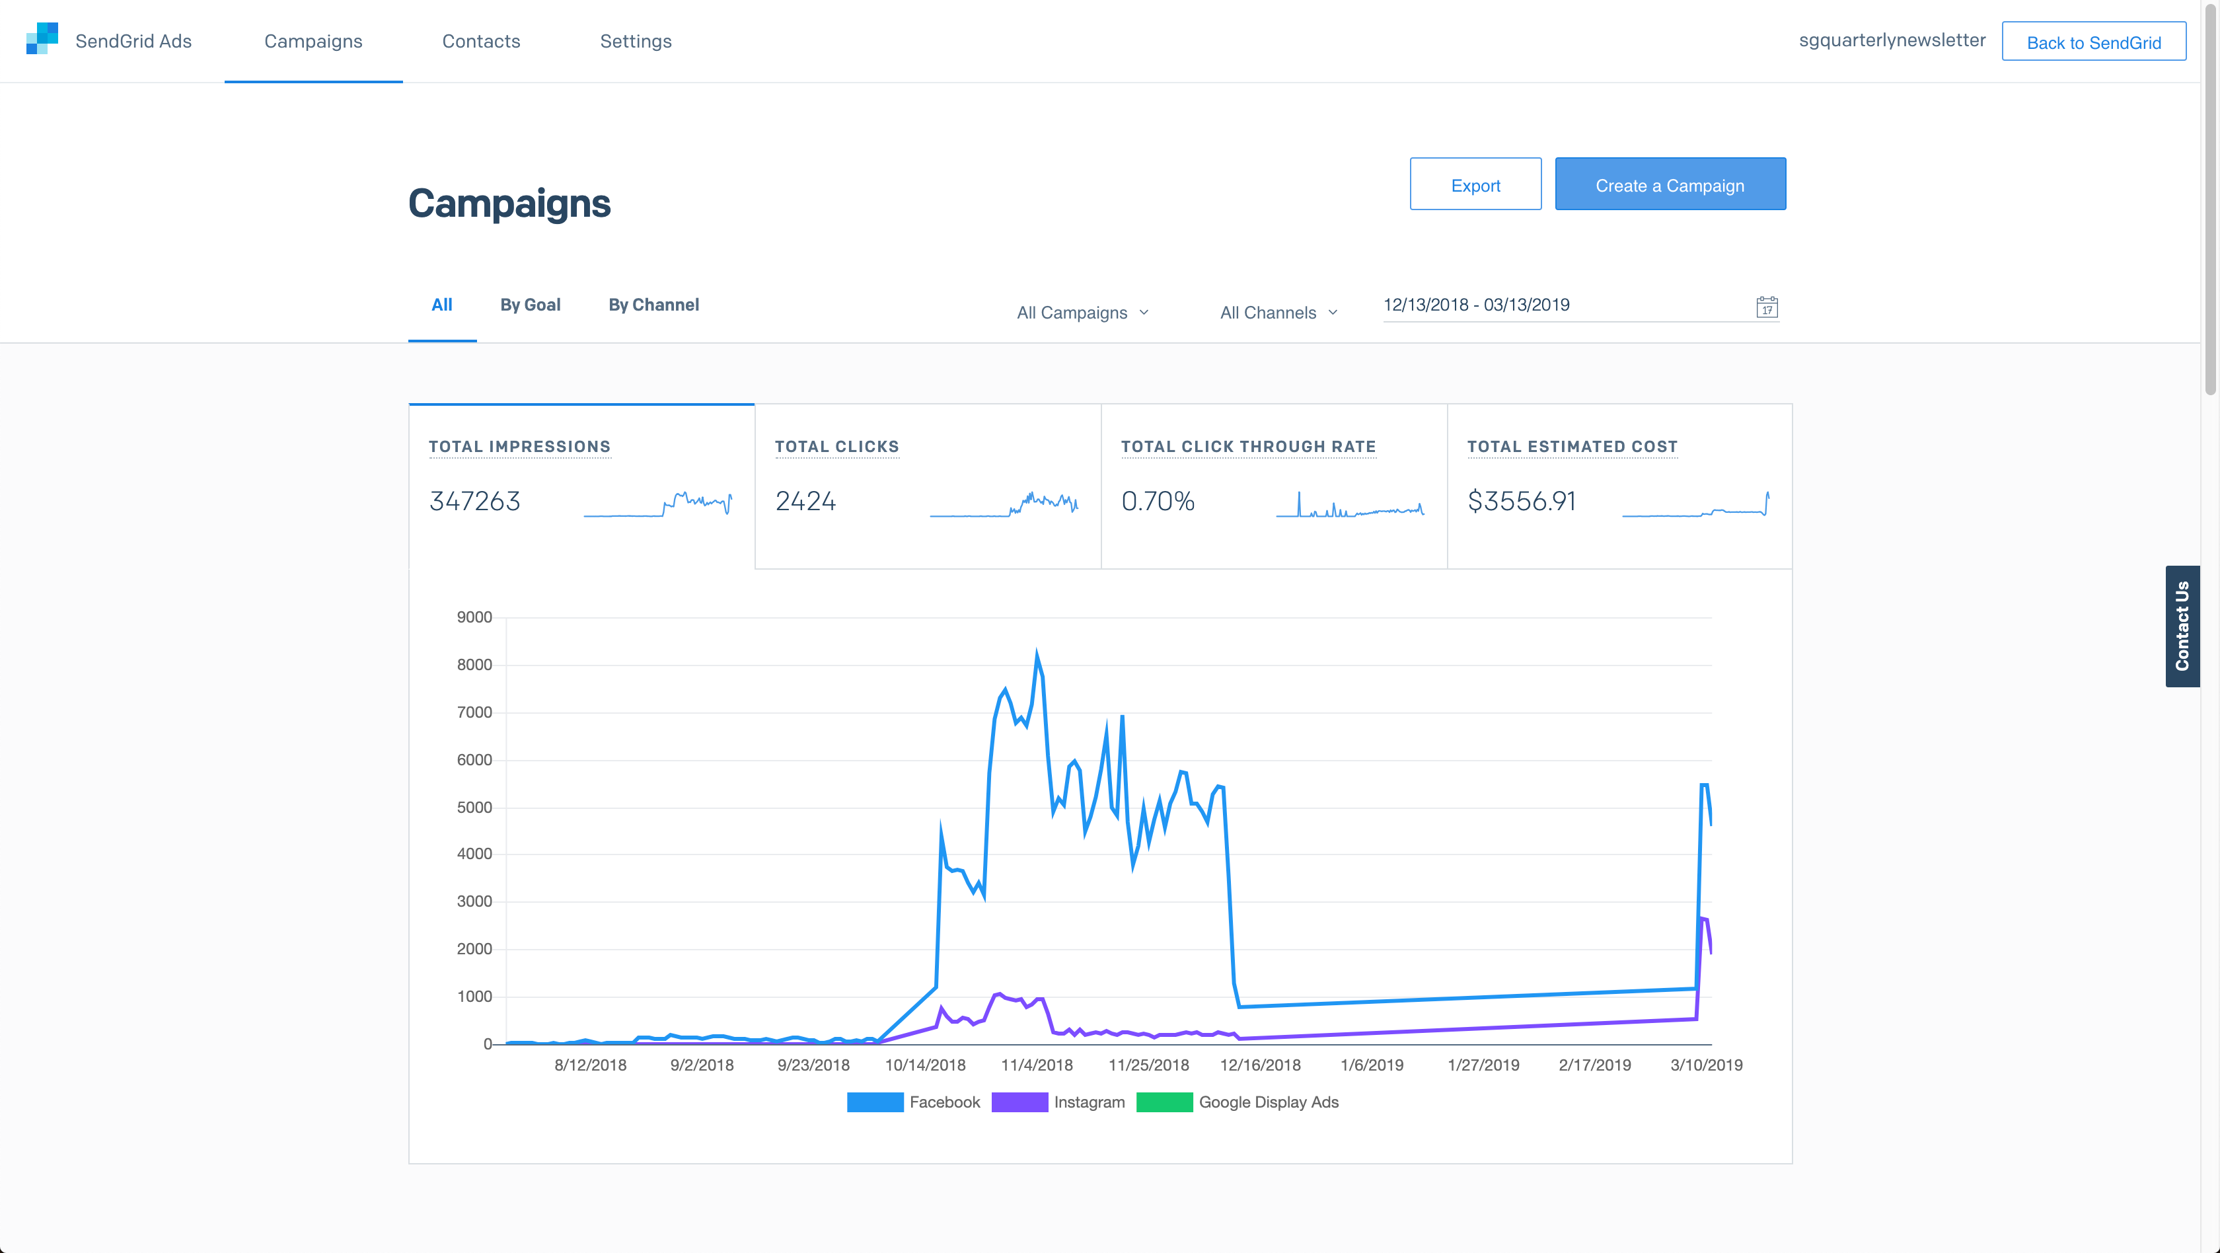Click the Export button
coord(1475,184)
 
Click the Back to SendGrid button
coord(2092,42)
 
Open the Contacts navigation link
coord(481,42)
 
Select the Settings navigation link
coord(635,42)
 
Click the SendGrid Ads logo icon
coord(42,39)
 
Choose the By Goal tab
coord(530,305)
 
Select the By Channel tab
coord(653,305)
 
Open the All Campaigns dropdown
coord(1082,313)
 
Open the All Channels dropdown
coord(1278,313)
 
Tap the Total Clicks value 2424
coord(805,502)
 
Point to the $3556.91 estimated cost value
coord(1521,502)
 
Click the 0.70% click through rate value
coord(1158,502)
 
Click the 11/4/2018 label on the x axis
coord(1036,1065)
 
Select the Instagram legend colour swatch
coord(1019,1102)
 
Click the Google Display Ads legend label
coord(1268,1102)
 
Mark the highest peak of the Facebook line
coord(1036,652)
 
